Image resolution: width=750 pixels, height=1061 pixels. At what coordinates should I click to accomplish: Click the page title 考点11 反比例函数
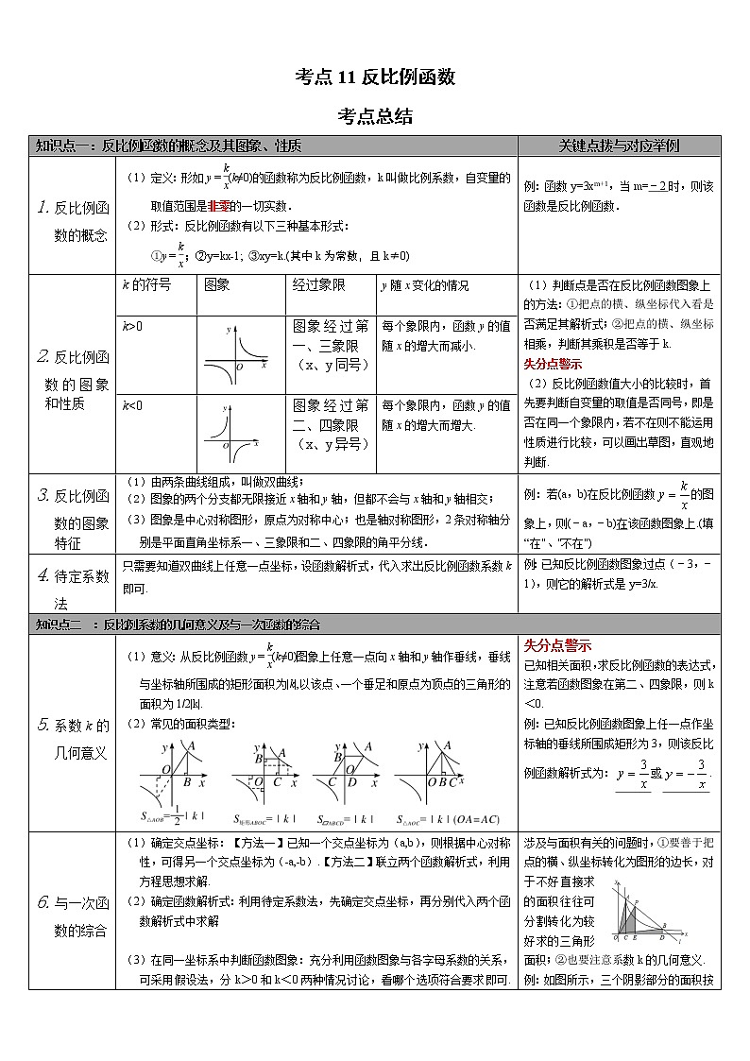[375, 78]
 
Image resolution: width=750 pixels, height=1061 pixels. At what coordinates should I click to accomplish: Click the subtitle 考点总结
[375, 117]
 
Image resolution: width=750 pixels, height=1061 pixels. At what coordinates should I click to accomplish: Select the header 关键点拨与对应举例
[619, 146]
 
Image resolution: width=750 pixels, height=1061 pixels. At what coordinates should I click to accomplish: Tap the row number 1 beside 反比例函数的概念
[43, 208]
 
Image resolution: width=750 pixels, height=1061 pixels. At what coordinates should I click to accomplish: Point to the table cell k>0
[132, 326]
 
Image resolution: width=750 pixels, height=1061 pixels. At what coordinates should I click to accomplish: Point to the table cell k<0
[132, 405]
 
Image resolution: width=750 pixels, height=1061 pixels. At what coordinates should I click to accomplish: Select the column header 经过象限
[316, 285]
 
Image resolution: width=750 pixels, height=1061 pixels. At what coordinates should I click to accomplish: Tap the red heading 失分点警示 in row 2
[553, 364]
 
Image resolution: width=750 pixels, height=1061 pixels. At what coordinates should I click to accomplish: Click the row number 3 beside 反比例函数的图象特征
[43, 496]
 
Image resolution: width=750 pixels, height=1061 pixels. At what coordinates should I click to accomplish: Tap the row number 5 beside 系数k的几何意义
[43, 726]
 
